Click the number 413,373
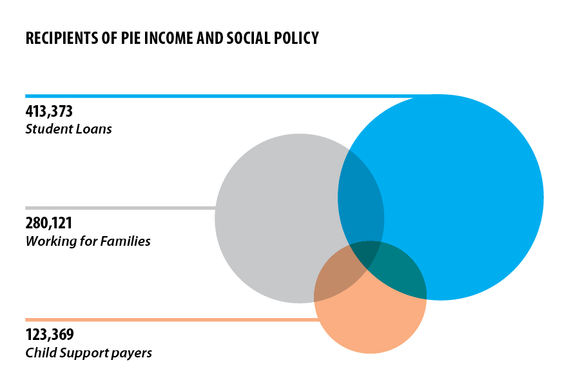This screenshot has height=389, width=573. tap(49, 112)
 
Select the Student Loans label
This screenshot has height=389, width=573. tap(68, 129)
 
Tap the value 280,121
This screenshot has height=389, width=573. tap(49, 224)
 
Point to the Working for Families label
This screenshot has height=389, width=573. tap(88, 241)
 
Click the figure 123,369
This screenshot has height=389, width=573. tap(50, 335)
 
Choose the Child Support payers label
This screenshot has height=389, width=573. tap(89, 353)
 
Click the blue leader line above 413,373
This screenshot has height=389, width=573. tap(193, 96)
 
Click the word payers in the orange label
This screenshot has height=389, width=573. tap(134, 354)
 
